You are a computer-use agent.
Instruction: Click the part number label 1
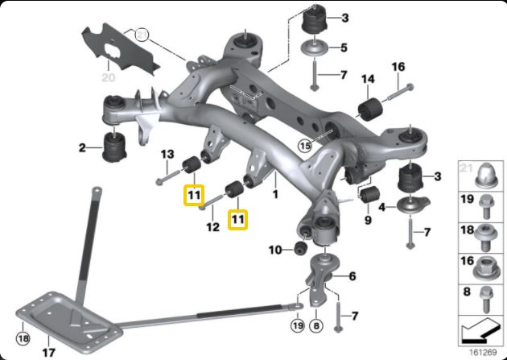[x=275, y=194]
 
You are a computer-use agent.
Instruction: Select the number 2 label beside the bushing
[x=82, y=147]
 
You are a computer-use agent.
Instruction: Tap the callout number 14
[x=368, y=79]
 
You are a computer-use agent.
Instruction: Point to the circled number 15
[x=303, y=146]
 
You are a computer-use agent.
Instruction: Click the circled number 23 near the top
[x=142, y=35]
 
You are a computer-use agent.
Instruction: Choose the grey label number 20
[x=109, y=78]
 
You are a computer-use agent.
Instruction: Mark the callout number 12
[x=212, y=228]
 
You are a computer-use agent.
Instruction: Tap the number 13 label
[x=167, y=154]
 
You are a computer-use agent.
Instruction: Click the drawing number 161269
[x=481, y=352]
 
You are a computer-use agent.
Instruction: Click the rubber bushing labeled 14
[x=371, y=109]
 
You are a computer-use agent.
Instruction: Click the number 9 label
[x=367, y=220]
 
